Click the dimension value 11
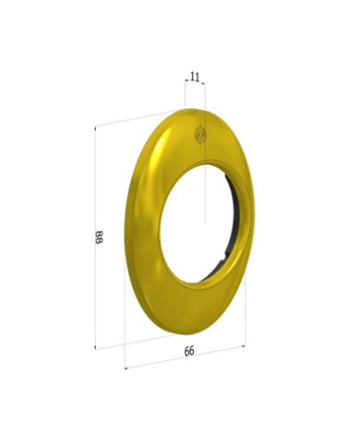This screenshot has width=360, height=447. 195,77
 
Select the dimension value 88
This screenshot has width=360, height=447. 99,237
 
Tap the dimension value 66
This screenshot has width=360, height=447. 189,351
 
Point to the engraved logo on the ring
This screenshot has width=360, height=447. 200,135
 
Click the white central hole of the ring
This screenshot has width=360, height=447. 194,223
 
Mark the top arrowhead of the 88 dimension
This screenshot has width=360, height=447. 95,127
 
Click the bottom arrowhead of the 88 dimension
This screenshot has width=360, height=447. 95,348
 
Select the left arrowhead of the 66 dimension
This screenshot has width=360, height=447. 126,368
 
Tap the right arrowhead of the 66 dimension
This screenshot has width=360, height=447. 244,346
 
